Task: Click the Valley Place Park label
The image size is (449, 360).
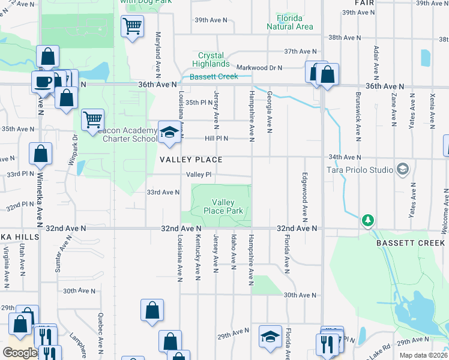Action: (x=223, y=207)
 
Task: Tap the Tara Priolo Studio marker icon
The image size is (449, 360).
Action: (x=402, y=169)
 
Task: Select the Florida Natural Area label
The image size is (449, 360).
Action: (x=290, y=22)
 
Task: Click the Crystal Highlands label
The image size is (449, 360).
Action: (x=211, y=59)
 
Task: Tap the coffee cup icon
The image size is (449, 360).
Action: (x=43, y=82)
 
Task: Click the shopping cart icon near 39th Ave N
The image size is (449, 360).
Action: (x=131, y=26)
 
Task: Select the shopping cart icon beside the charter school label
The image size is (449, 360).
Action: (x=92, y=119)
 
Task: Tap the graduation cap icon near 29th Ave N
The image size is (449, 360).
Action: (x=270, y=337)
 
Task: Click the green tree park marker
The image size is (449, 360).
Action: (x=367, y=221)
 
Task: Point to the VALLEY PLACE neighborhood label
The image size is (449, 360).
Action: (x=191, y=160)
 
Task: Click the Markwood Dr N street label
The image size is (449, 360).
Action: (x=259, y=68)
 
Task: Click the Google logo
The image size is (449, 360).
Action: (x=19, y=353)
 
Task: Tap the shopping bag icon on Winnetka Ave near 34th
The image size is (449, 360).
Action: (x=40, y=154)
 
